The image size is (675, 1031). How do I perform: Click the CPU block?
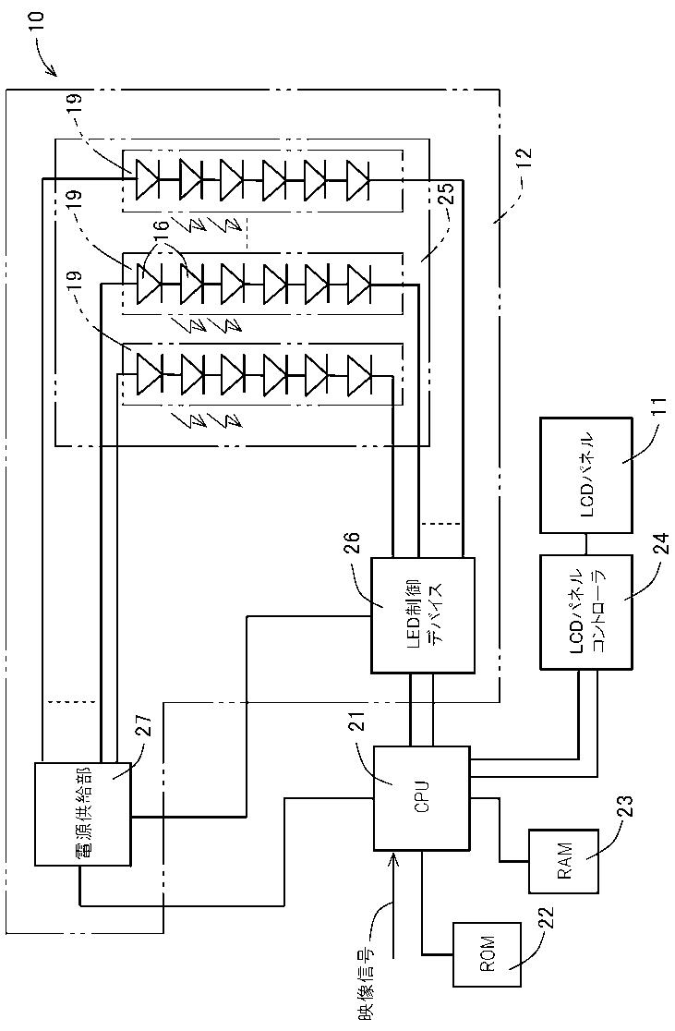pyautogui.click(x=422, y=797)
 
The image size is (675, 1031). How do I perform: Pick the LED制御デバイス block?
pyautogui.click(x=423, y=614)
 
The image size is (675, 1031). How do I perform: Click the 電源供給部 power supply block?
pyautogui.click(x=83, y=813)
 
